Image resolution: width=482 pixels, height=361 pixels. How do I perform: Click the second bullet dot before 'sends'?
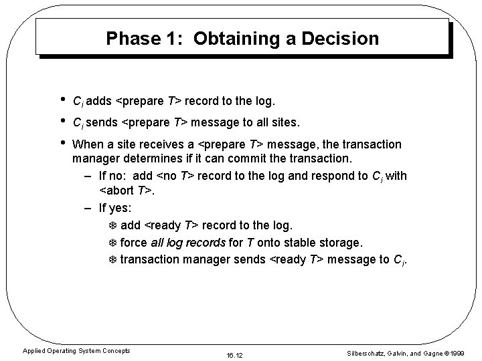pos(62,121)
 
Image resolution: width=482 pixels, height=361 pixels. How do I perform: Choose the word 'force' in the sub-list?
pos(133,242)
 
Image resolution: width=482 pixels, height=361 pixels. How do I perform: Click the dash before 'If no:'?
pos(88,176)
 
